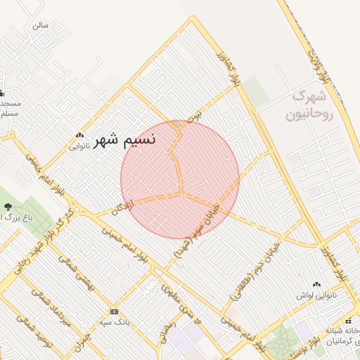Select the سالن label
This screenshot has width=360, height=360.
40,25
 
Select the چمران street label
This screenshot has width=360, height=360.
83,335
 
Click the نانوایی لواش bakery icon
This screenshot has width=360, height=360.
316,284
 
